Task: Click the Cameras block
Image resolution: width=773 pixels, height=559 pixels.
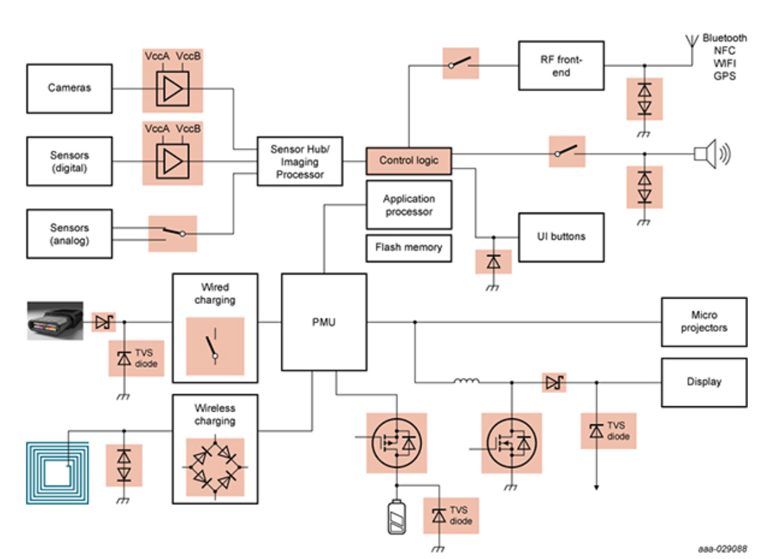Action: point(69,88)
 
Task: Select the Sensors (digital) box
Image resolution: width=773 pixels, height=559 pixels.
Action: point(69,161)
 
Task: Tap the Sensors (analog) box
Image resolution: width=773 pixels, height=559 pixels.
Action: point(69,234)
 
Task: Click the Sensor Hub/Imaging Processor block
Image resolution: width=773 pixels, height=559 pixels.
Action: point(300,161)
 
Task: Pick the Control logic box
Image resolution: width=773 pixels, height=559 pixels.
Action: point(409,161)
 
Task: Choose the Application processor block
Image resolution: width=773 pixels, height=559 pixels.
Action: point(409,204)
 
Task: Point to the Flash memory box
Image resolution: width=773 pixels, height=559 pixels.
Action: point(409,248)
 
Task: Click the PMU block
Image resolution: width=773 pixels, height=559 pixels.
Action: point(324,322)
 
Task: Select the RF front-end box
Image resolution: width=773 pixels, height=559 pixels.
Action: point(561,66)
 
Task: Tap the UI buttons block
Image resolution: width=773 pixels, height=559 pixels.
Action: point(561,237)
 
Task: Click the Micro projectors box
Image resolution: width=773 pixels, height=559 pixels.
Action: point(704,322)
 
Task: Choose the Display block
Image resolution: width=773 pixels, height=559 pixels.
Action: point(704,382)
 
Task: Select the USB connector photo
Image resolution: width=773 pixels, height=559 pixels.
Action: point(55,321)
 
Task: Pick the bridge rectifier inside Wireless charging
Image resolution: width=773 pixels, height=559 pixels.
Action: point(215,467)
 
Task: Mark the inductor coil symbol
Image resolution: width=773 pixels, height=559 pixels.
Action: point(466,381)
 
